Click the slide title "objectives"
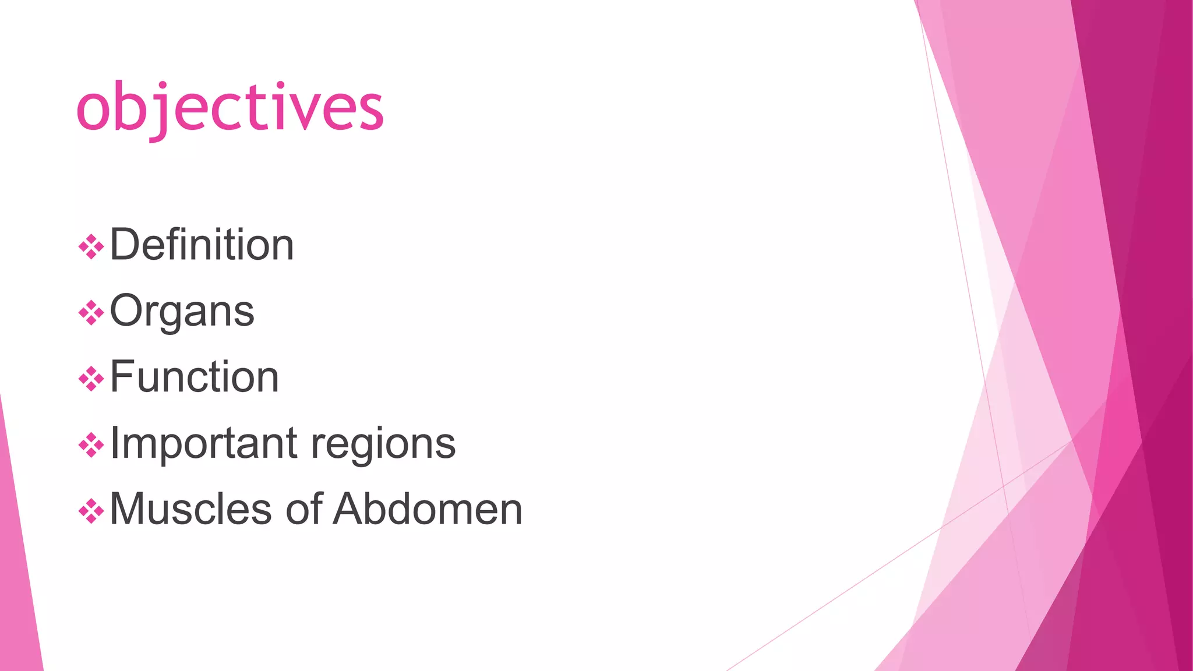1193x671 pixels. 230,108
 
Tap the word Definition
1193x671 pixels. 202,245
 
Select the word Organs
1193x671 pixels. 182,312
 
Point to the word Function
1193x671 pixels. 194,377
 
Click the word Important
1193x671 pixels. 204,444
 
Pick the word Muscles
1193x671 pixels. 191,509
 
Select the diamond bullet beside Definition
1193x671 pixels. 91,247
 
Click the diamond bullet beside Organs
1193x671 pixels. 91,313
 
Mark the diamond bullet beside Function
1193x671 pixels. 91,379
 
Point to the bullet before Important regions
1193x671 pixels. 91,446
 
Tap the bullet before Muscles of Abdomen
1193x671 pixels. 91,511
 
